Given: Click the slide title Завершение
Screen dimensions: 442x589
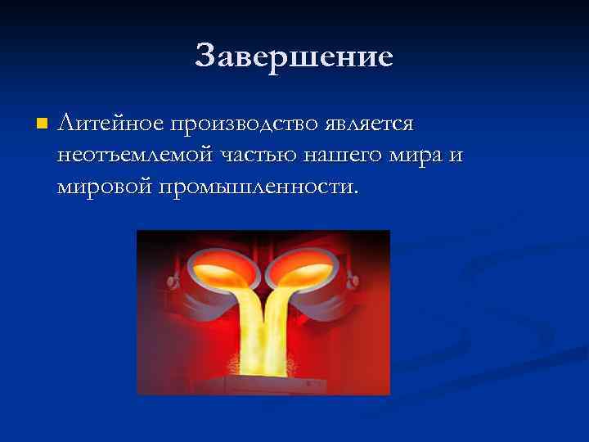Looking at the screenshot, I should [294, 56].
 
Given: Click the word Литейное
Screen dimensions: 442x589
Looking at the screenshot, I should [111, 124].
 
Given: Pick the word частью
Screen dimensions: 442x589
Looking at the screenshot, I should [263, 155].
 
